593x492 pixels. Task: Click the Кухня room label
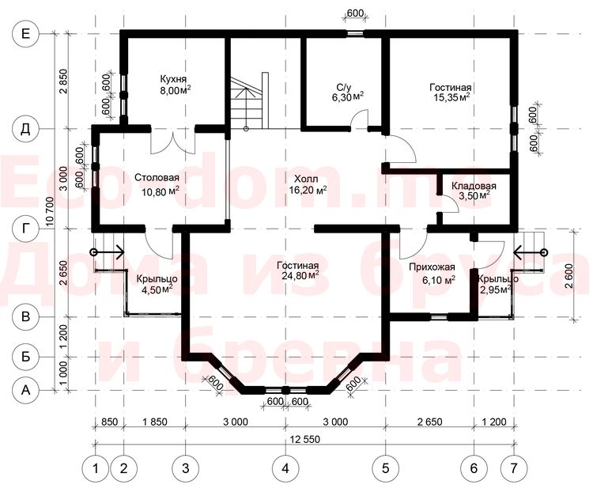(173, 79)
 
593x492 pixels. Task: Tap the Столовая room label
(157, 177)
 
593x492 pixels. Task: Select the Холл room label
(306, 179)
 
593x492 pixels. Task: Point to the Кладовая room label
(474, 186)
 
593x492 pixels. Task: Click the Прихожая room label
(432, 267)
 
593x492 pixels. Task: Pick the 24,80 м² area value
(300, 274)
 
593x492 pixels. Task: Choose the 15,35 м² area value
(451, 97)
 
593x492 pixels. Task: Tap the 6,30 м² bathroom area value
(348, 97)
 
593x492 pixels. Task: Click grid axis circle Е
(25, 34)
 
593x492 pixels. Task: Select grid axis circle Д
(25, 129)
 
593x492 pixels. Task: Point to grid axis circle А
(25, 390)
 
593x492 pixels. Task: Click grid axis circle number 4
(285, 468)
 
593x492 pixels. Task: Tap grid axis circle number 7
(514, 468)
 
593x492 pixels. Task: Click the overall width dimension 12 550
(305, 439)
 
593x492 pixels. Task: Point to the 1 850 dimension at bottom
(155, 422)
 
